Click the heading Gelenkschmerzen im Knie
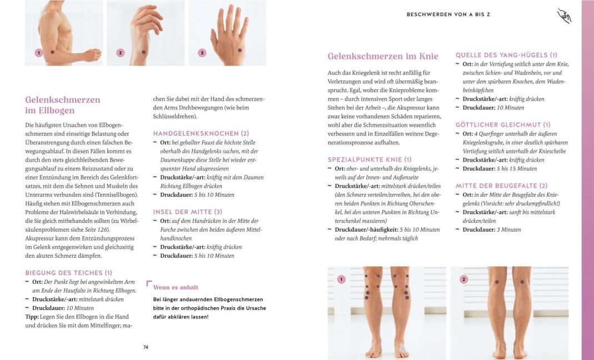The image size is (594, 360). [383, 56]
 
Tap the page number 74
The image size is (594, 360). [146, 347]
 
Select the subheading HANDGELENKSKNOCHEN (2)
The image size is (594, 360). [201, 133]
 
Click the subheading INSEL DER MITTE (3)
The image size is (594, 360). [187, 212]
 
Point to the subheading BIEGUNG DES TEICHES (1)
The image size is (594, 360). [69, 273]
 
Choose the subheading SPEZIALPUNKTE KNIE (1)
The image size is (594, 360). [370, 159]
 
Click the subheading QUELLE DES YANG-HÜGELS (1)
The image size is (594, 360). [506, 55]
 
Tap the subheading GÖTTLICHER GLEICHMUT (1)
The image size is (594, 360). [503, 124]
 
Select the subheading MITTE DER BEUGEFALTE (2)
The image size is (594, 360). [501, 186]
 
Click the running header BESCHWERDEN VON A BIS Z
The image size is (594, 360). [448, 14]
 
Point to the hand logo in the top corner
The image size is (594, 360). [564, 16]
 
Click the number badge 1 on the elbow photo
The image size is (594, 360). [38, 53]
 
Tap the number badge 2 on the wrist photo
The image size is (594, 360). [120, 53]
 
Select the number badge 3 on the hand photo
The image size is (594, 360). [202, 53]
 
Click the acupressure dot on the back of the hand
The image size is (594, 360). [240, 51]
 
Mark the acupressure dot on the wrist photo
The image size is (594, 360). [143, 52]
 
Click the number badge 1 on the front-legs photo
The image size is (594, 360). [341, 279]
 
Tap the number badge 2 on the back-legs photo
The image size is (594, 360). [464, 279]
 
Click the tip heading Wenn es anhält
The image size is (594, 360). [175, 287]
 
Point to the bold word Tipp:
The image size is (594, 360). [32, 317]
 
